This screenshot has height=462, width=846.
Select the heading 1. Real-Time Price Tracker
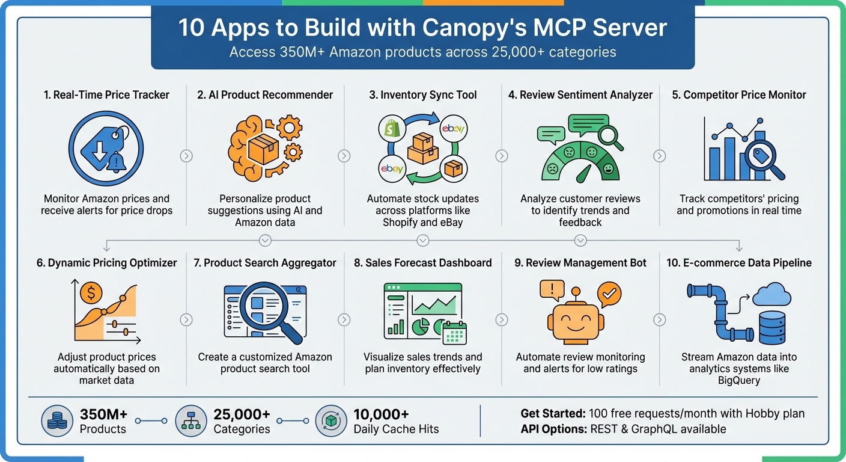(x=106, y=94)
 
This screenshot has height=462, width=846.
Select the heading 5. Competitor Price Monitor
(x=739, y=94)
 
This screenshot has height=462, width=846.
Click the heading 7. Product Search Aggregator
(x=265, y=263)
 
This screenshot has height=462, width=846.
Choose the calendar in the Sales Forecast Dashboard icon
(x=454, y=331)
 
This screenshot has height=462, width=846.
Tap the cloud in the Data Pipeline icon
(x=771, y=295)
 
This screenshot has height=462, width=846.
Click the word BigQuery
(x=738, y=381)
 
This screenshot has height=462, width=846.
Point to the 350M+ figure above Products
(x=103, y=414)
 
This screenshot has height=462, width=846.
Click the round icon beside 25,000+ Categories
(x=190, y=421)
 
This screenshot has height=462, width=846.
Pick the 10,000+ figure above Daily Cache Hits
(x=381, y=414)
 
